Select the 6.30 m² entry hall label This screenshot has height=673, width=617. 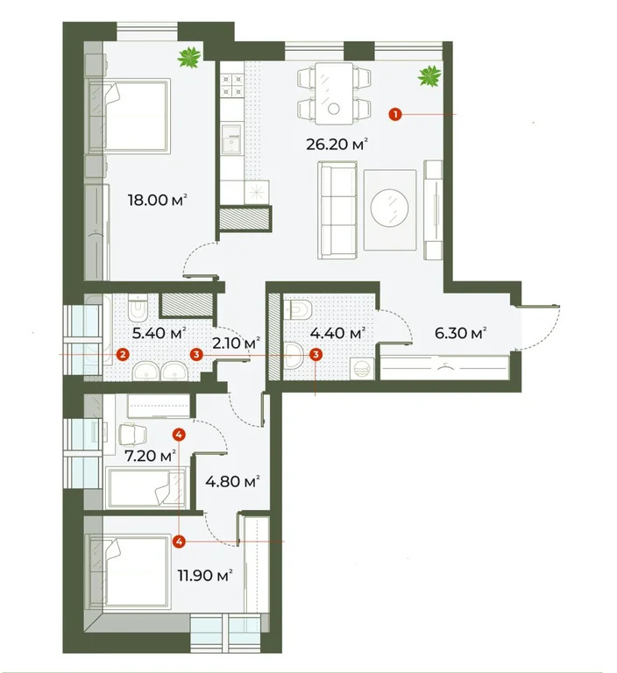(460, 334)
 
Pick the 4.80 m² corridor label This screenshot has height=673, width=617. (232, 481)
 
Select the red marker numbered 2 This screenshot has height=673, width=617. (123, 354)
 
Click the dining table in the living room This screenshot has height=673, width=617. (333, 91)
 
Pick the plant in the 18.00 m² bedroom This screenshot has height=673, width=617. (188, 60)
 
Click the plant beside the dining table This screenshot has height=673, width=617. (429, 76)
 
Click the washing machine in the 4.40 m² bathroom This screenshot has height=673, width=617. (360, 367)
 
